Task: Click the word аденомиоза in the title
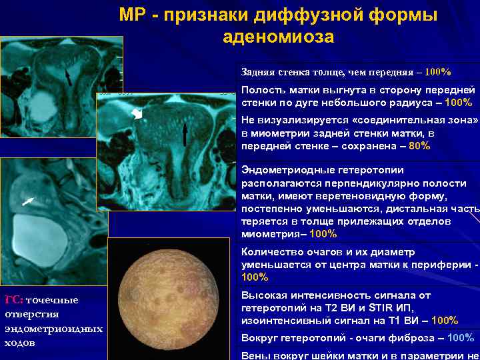pyautogui.click(x=278, y=37)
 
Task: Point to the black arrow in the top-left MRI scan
pyautogui.click(x=68, y=77)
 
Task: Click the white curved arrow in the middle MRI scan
pyautogui.click(x=137, y=115)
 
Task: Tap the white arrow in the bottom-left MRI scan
pyautogui.click(x=27, y=199)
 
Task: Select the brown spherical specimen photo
pyautogui.click(x=171, y=297)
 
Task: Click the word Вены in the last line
pyautogui.click(x=255, y=355)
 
